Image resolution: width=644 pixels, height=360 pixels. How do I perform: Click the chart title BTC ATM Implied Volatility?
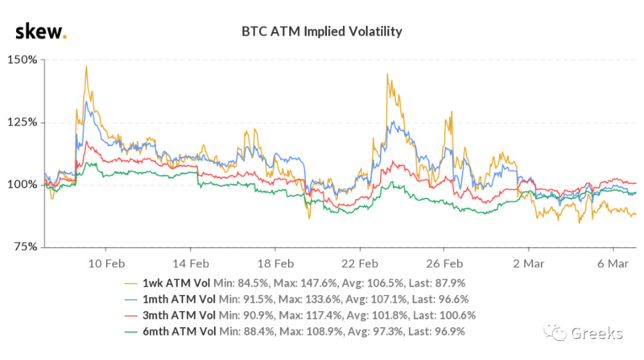[x=322, y=32]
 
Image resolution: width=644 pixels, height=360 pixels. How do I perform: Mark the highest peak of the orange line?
[x=86, y=67]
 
